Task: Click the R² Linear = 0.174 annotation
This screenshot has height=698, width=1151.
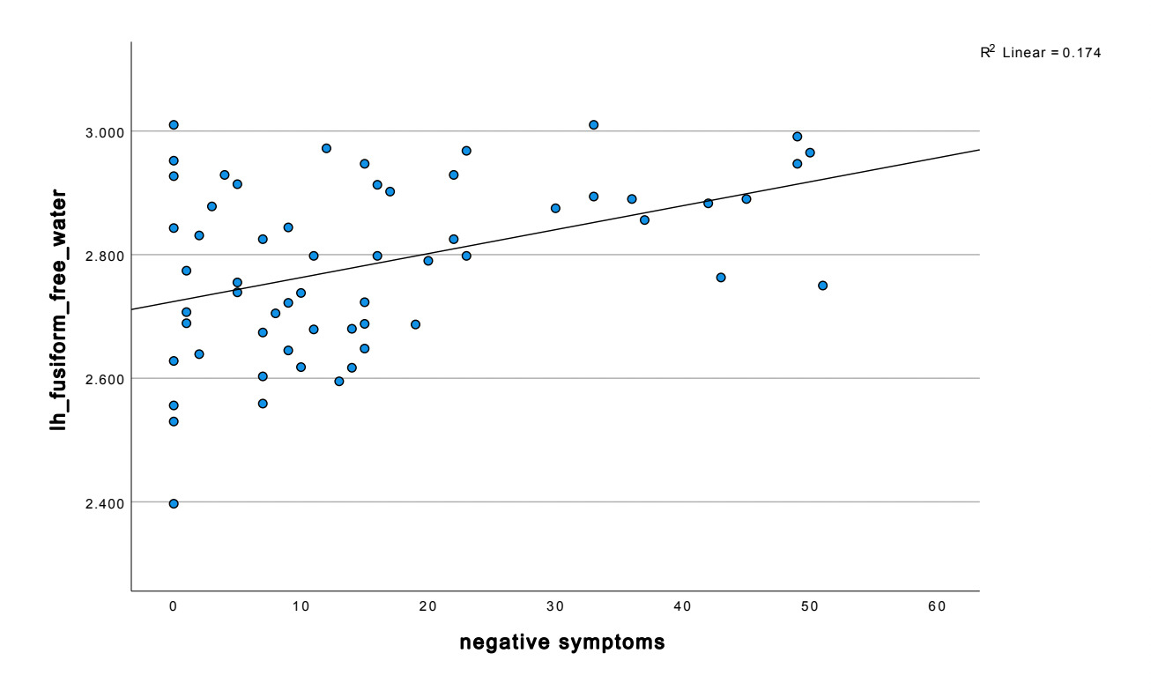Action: coord(1040,53)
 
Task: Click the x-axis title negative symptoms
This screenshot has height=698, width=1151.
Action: coord(561,642)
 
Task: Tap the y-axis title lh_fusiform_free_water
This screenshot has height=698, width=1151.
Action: coord(59,308)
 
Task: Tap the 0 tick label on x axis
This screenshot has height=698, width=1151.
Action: coord(174,606)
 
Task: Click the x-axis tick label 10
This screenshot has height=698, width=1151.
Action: coord(301,606)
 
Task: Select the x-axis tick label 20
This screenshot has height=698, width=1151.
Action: coord(427,606)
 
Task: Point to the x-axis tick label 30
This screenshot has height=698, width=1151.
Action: coord(555,606)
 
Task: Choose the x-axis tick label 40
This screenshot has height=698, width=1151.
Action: coord(682,606)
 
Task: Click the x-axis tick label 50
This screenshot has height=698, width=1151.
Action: coord(809,606)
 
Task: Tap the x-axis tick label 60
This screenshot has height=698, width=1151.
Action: coord(937,606)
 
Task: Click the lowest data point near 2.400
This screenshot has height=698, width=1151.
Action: coord(174,504)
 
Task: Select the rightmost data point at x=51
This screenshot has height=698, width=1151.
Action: coord(822,286)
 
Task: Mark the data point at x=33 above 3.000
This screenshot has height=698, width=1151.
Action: coord(593,125)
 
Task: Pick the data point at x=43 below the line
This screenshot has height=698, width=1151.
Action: coord(721,278)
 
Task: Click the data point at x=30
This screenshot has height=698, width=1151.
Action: coord(555,209)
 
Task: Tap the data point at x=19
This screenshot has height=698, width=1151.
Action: coord(415,324)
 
